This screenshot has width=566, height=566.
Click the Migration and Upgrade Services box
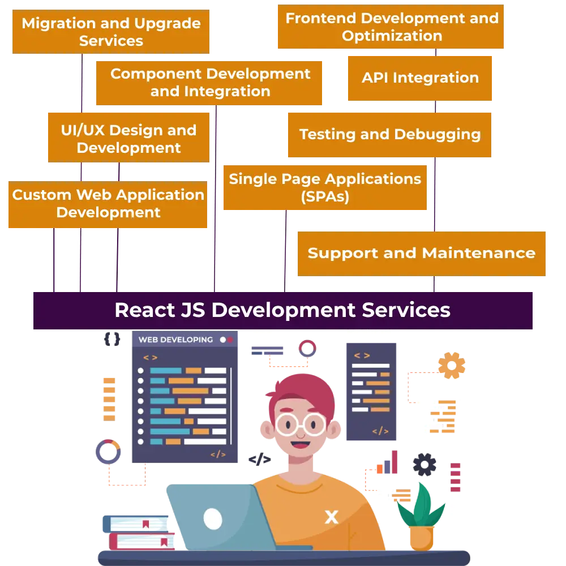click(111, 32)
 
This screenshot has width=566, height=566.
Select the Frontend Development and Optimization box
click(391, 27)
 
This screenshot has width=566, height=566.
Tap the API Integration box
click(419, 78)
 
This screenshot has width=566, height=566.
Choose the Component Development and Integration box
click(210, 83)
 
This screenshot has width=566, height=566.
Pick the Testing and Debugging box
click(389, 134)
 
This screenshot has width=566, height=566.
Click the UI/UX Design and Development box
click(128, 139)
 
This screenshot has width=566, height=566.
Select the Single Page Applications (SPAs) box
click(325, 188)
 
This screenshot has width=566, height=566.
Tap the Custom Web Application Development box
click(108, 204)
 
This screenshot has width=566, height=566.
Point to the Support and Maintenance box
click(421, 253)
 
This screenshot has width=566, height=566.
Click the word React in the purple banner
click(145, 310)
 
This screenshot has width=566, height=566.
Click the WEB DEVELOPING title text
click(175, 340)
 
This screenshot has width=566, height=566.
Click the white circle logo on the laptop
click(213, 518)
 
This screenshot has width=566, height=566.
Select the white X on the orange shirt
click(331, 516)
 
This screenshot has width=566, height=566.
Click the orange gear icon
click(452, 365)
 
